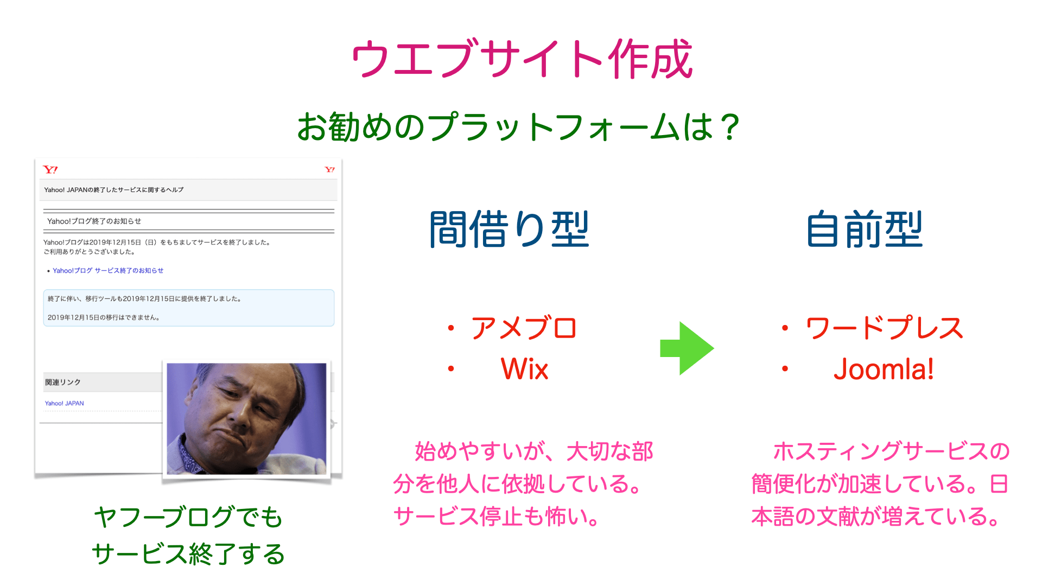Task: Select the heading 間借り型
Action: coord(509,230)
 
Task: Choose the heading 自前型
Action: coord(864,230)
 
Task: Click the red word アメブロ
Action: coord(524,328)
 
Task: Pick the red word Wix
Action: coord(524,369)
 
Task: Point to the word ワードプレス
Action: coord(884,328)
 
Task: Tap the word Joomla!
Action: coord(884,369)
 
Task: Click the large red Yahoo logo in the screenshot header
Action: coord(50,170)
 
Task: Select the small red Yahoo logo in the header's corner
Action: coord(329,170)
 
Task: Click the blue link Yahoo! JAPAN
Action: coord(64,403)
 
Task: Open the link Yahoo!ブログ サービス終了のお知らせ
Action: coord(107,270)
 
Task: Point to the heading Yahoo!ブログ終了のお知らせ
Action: coord(94,221)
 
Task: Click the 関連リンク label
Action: coord(63,382)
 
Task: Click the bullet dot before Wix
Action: coord(450,369)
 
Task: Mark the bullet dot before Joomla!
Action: coord(785,369)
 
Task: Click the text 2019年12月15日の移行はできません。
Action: coord(103,317)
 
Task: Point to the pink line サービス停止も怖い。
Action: coord(496,517)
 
